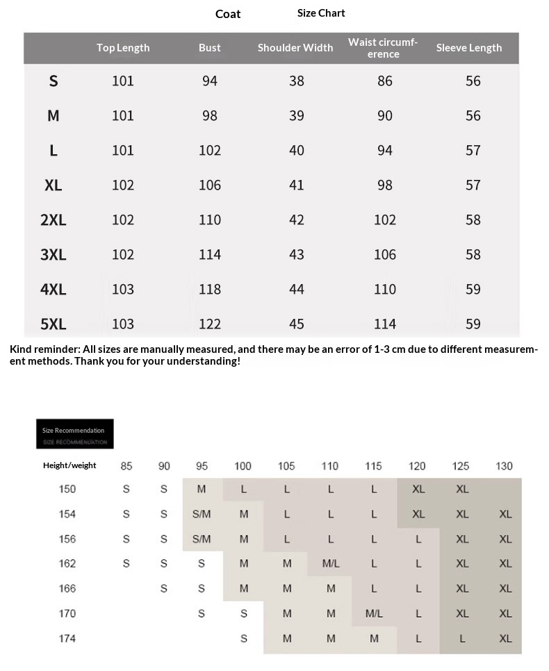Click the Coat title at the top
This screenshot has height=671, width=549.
228,14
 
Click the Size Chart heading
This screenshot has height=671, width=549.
321,13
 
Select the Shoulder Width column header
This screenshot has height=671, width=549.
295,48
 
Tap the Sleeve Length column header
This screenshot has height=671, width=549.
469,48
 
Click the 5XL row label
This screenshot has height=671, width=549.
54,324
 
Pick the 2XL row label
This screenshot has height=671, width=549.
54,219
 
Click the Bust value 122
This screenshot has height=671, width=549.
210,324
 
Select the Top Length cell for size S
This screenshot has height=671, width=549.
123,81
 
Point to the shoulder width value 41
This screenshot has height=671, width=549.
297,185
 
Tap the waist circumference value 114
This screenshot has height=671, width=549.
385,324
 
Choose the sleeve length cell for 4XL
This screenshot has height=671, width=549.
473,289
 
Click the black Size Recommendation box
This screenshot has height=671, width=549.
74,433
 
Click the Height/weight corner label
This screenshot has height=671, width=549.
69,465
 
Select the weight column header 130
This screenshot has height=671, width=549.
505,466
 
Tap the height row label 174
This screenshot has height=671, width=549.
67,638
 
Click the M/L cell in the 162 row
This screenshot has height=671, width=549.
331,564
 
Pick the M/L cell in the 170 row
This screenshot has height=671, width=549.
374,614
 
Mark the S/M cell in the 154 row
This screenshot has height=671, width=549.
202,515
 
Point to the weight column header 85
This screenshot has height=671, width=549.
126,466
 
